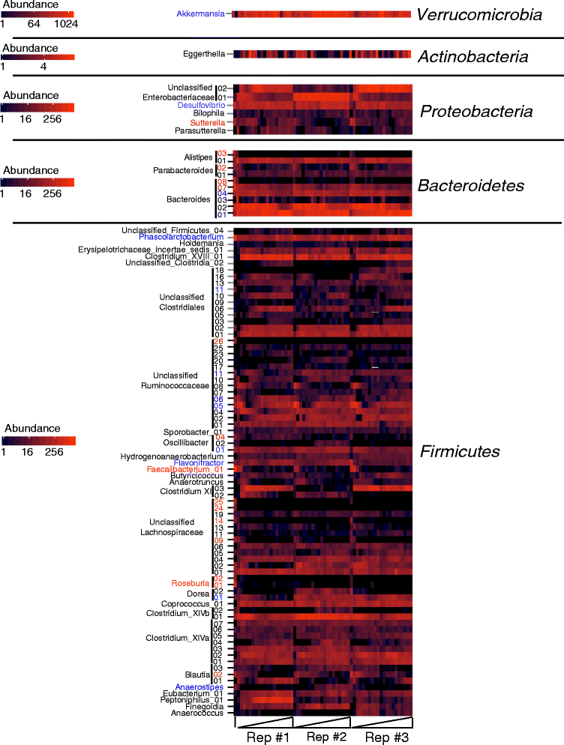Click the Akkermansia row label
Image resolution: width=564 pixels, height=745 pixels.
202,14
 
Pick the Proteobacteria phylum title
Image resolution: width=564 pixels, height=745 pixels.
476,112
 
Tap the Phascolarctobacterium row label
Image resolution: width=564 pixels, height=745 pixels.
181,237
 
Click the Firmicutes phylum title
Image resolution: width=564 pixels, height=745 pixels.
458,451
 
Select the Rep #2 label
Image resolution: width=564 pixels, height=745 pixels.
326,737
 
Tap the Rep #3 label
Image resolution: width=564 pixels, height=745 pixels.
385,737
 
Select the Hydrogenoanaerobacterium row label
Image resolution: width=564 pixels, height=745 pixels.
172,456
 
